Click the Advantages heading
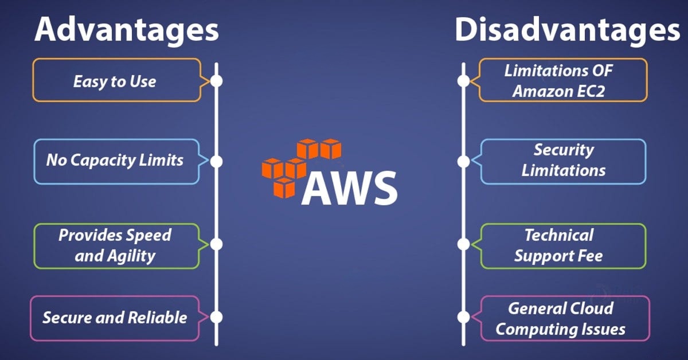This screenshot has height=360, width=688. point(126,30)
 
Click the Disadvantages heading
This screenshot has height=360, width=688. point(568,30)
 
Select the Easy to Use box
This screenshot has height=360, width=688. point(115,81)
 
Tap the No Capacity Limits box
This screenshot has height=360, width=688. point(115,161)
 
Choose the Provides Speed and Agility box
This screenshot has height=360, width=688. point(115,245)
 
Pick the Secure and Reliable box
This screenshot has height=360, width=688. point(115,317)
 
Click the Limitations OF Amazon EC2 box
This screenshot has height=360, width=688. point(559,81)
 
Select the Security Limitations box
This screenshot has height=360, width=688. point(563,161)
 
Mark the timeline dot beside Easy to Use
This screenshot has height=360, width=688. point(216,81)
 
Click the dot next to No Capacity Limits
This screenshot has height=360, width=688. point(216,161)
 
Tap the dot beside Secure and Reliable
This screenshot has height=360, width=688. point(216,317)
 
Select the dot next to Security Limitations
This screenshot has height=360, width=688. point(463,162)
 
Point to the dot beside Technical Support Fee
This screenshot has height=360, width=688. point(463,244)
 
